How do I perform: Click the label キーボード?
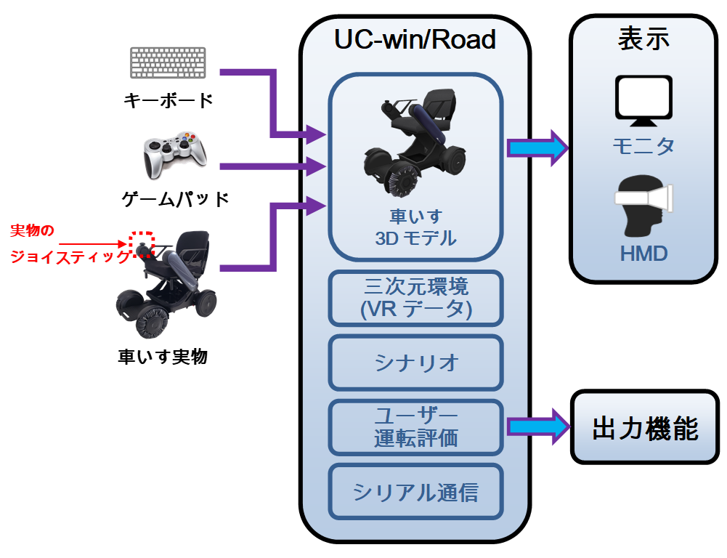(x=168, y=100)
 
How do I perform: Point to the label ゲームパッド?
(x=175, y=198)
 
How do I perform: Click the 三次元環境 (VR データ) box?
(x=415, y=298)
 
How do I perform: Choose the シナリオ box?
(x=415, y=362)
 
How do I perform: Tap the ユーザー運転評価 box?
(x=415, y=426)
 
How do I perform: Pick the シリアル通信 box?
(x=415, y=492)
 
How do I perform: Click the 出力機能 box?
(x=644, y=429)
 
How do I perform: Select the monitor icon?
(x=643, y=101)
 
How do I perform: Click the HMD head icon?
(x=643, y=204)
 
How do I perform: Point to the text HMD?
(x=643, y=252)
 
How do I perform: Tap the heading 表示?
(x=643, y=40)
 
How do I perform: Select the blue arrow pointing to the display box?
(x=537, y=147)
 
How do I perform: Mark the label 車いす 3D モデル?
(x=415, y=227)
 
